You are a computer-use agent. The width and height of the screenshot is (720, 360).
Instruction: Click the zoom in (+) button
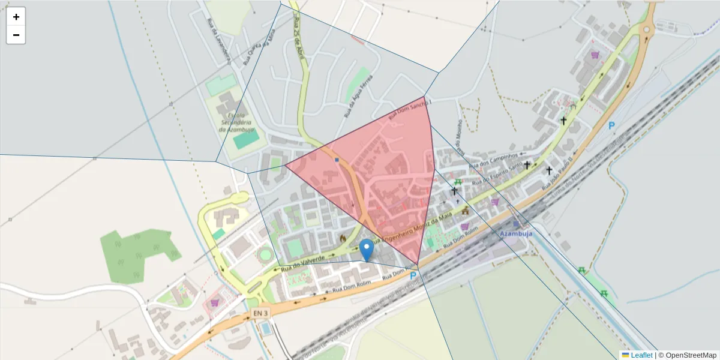(x=16, y=17)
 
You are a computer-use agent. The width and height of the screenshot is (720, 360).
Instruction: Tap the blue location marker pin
(x=367, y=249)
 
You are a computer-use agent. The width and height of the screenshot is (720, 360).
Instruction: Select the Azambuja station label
(x=516, y=233)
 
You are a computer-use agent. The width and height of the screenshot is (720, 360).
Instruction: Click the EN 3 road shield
(x=261, y=313)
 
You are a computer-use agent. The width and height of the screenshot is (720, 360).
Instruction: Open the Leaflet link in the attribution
(x=641, y=355)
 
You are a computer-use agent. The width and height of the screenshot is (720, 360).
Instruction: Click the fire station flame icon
(x=343, y=238)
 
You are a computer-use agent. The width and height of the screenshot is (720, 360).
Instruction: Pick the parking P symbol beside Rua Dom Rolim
(x=413, y=276)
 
